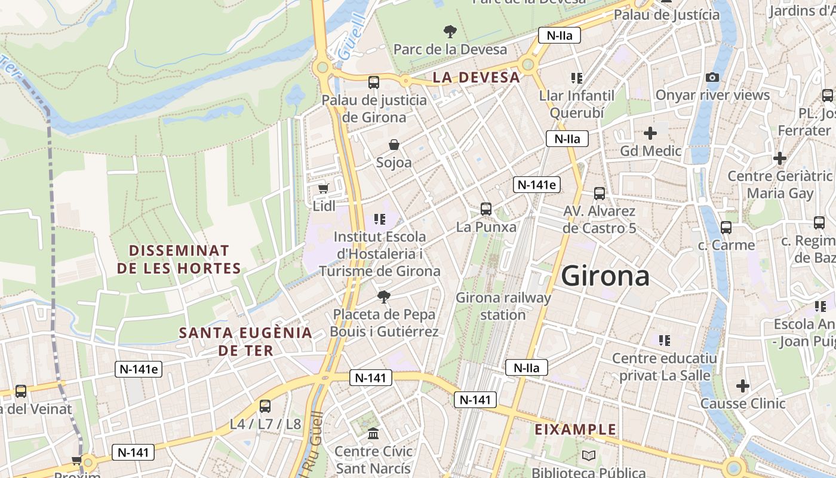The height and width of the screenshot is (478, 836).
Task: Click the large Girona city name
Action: tap(606, 276)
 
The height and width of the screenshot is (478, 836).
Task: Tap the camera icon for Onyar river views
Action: tap(712, 77)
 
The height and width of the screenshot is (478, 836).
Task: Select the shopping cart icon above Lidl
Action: tap(323, 189)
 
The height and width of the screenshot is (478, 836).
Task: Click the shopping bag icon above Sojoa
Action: tap(394, 145)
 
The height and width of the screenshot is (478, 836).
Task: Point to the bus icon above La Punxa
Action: tap(486, 209)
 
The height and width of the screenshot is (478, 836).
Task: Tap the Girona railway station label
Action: tap(503, 306)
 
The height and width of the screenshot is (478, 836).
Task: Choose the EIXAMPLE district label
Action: tap(575, 430)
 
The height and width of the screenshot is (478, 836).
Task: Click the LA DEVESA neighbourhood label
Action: tap(477, 77)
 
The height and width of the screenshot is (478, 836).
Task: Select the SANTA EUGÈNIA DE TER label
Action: tap(245, 342)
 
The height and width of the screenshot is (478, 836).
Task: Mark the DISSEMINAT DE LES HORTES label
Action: tap(179, 259)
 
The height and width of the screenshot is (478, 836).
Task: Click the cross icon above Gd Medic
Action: tap(650, 133)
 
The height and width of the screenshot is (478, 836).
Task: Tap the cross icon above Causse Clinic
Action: tap(742, 386)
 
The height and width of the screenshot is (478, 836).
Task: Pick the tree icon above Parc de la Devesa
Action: tap(450, 31)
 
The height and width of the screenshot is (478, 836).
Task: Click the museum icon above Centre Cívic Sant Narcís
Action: tap(373, 433)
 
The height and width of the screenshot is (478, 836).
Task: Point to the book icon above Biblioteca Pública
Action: tap(589, 456)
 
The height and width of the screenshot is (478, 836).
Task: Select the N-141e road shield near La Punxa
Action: tap(536, 185)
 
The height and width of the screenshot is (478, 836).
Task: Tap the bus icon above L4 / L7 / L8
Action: tap(265, 406)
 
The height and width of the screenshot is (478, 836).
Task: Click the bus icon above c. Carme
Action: tap(726, 227)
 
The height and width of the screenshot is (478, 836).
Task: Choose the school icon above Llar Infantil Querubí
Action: tap(576, 78)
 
